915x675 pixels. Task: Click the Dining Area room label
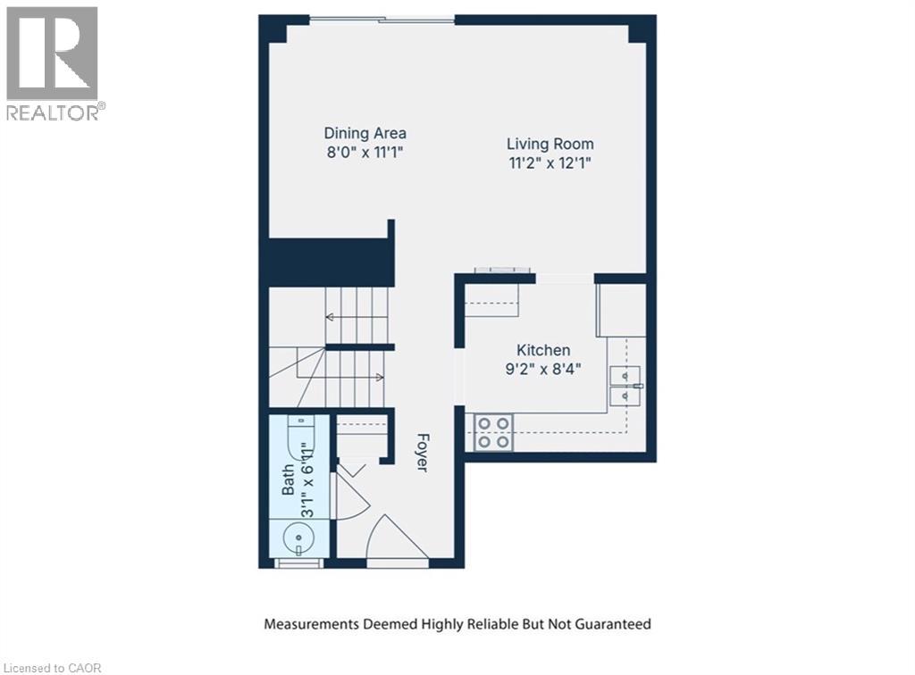(x=365, y=133)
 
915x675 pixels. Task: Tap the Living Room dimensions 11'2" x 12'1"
(x=550, y=162)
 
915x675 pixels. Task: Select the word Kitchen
(x=543, y=350)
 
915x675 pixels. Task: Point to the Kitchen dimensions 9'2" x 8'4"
(x=543, y=369)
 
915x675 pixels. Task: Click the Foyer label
(x=422, y=454)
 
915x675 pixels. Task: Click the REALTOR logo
(x=53, y=62)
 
